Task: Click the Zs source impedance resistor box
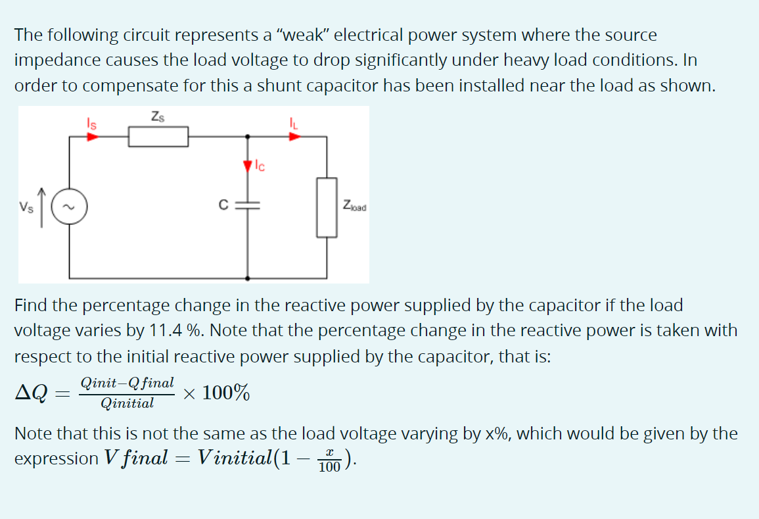click(158, 137)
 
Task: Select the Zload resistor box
click(327, 207)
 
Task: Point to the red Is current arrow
click(93, 137)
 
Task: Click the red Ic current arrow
click(248, 165)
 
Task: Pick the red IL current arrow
click(295, 137)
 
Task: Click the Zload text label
click(355, 207)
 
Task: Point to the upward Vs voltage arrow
click(42, 206)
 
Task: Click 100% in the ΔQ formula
click(225, 393)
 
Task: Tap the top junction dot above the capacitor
click(248, 137)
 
